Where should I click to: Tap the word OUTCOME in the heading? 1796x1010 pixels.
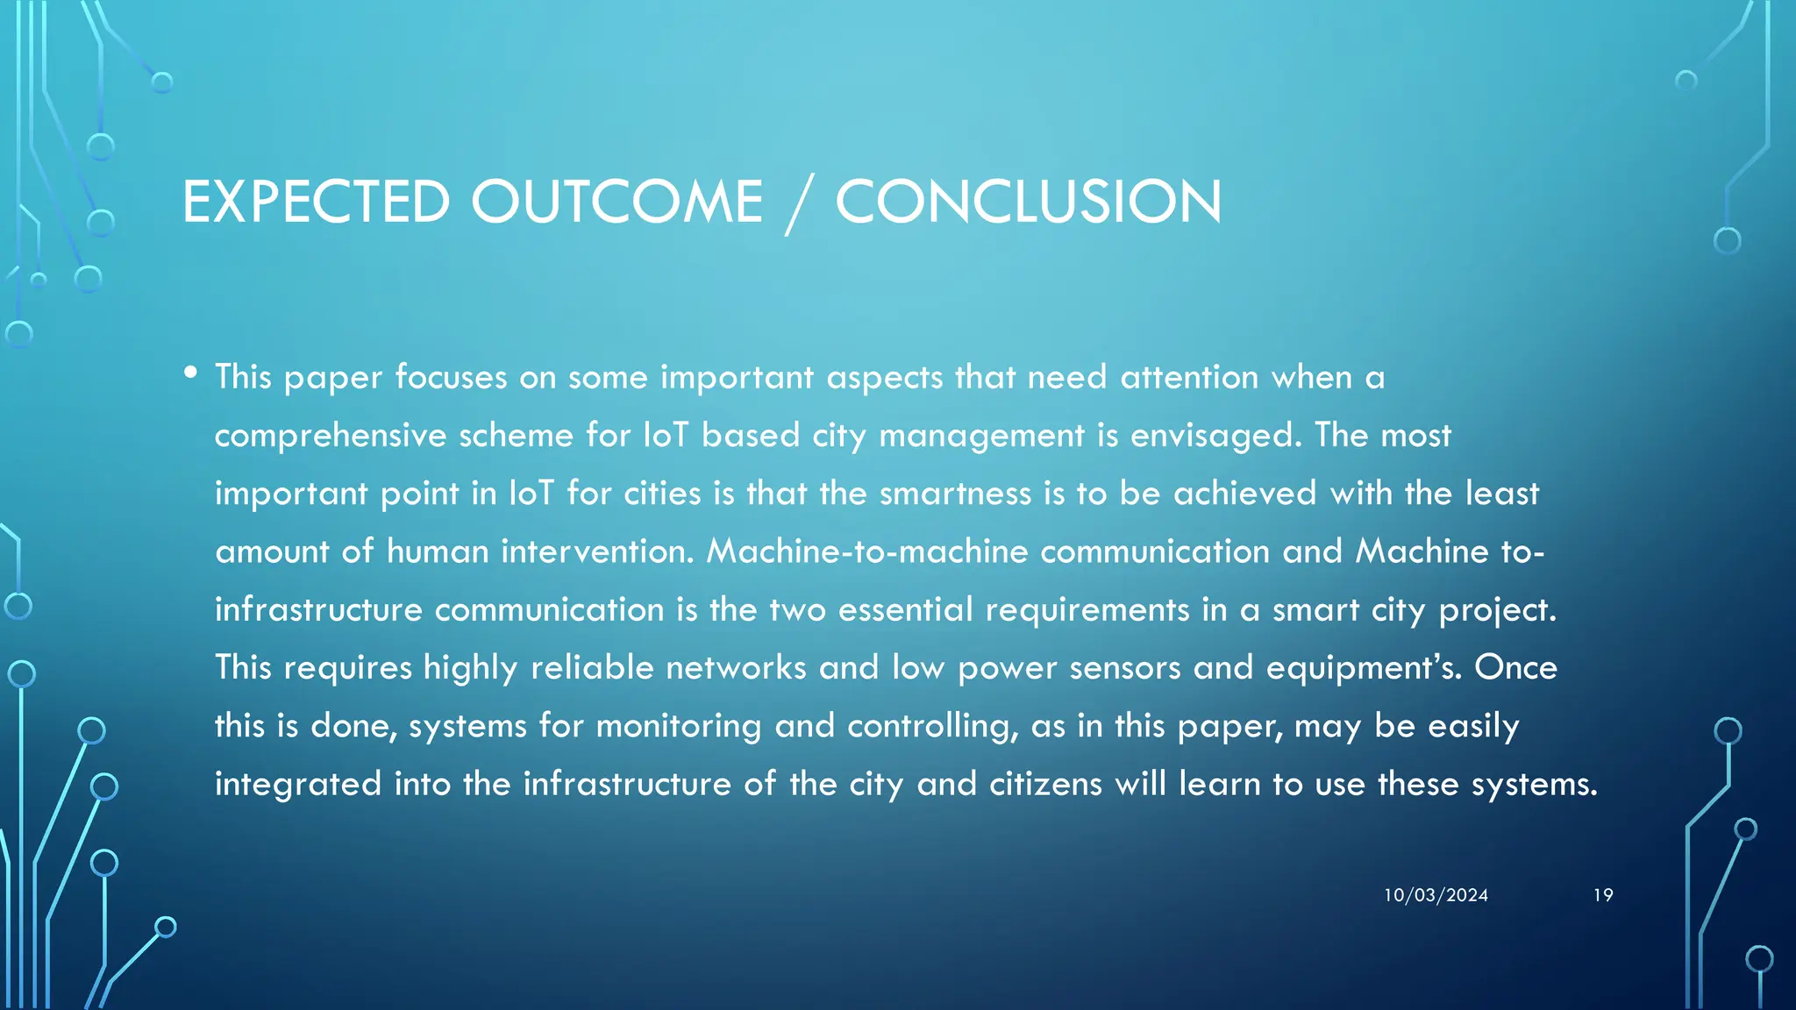pyautogui.click(x=616, y=202)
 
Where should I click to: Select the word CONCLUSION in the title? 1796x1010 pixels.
pyautogui.click(x=1028, y=202)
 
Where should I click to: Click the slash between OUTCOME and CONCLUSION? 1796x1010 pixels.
pyautogui.click(x=798, y=203)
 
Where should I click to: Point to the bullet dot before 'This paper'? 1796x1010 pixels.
pyautogui.click(x=190, y=373)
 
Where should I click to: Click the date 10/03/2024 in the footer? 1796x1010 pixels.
pyautogui.click(x=1436, y=895)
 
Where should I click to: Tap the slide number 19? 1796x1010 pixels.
pyautogui.click(x=1603, y=895)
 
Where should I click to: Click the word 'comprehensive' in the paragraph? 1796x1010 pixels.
pyautogui.click(x=331, y=436)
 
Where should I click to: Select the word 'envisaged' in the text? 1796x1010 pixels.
pyautogui.click(x=1215, y=436)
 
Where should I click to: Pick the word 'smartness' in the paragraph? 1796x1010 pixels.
pyautogui.click(x=955, y=494)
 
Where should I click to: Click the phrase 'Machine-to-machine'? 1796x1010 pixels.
pyautogui.click(x=867, y=551)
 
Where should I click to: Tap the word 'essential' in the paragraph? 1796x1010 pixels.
pyautogui.click(x=905, y=609)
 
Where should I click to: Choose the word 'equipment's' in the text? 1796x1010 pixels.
pyautogui.click(x=1362, y=668)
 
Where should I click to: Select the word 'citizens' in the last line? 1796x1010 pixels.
pyautogui.click(x=1045, y=784)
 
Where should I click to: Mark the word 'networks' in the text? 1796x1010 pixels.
pyautogui.click(x=736, y=668)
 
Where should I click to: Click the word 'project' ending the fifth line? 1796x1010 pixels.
pyautogui.click(x=1496, y=610)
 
